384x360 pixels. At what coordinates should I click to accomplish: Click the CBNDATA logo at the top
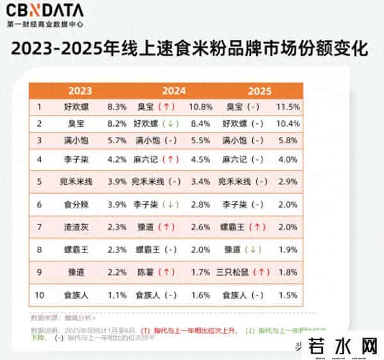45,11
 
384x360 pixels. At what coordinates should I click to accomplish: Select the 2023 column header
81,90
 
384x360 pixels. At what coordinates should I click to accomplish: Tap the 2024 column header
173,90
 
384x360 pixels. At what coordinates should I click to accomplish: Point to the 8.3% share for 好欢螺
118,106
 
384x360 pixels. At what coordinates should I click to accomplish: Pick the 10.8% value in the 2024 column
200,106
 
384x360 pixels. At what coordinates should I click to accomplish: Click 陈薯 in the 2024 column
147,272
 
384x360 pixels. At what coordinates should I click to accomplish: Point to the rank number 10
40,295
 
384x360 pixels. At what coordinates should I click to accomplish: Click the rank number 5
40,182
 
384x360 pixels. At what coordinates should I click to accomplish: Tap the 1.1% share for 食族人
118,295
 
